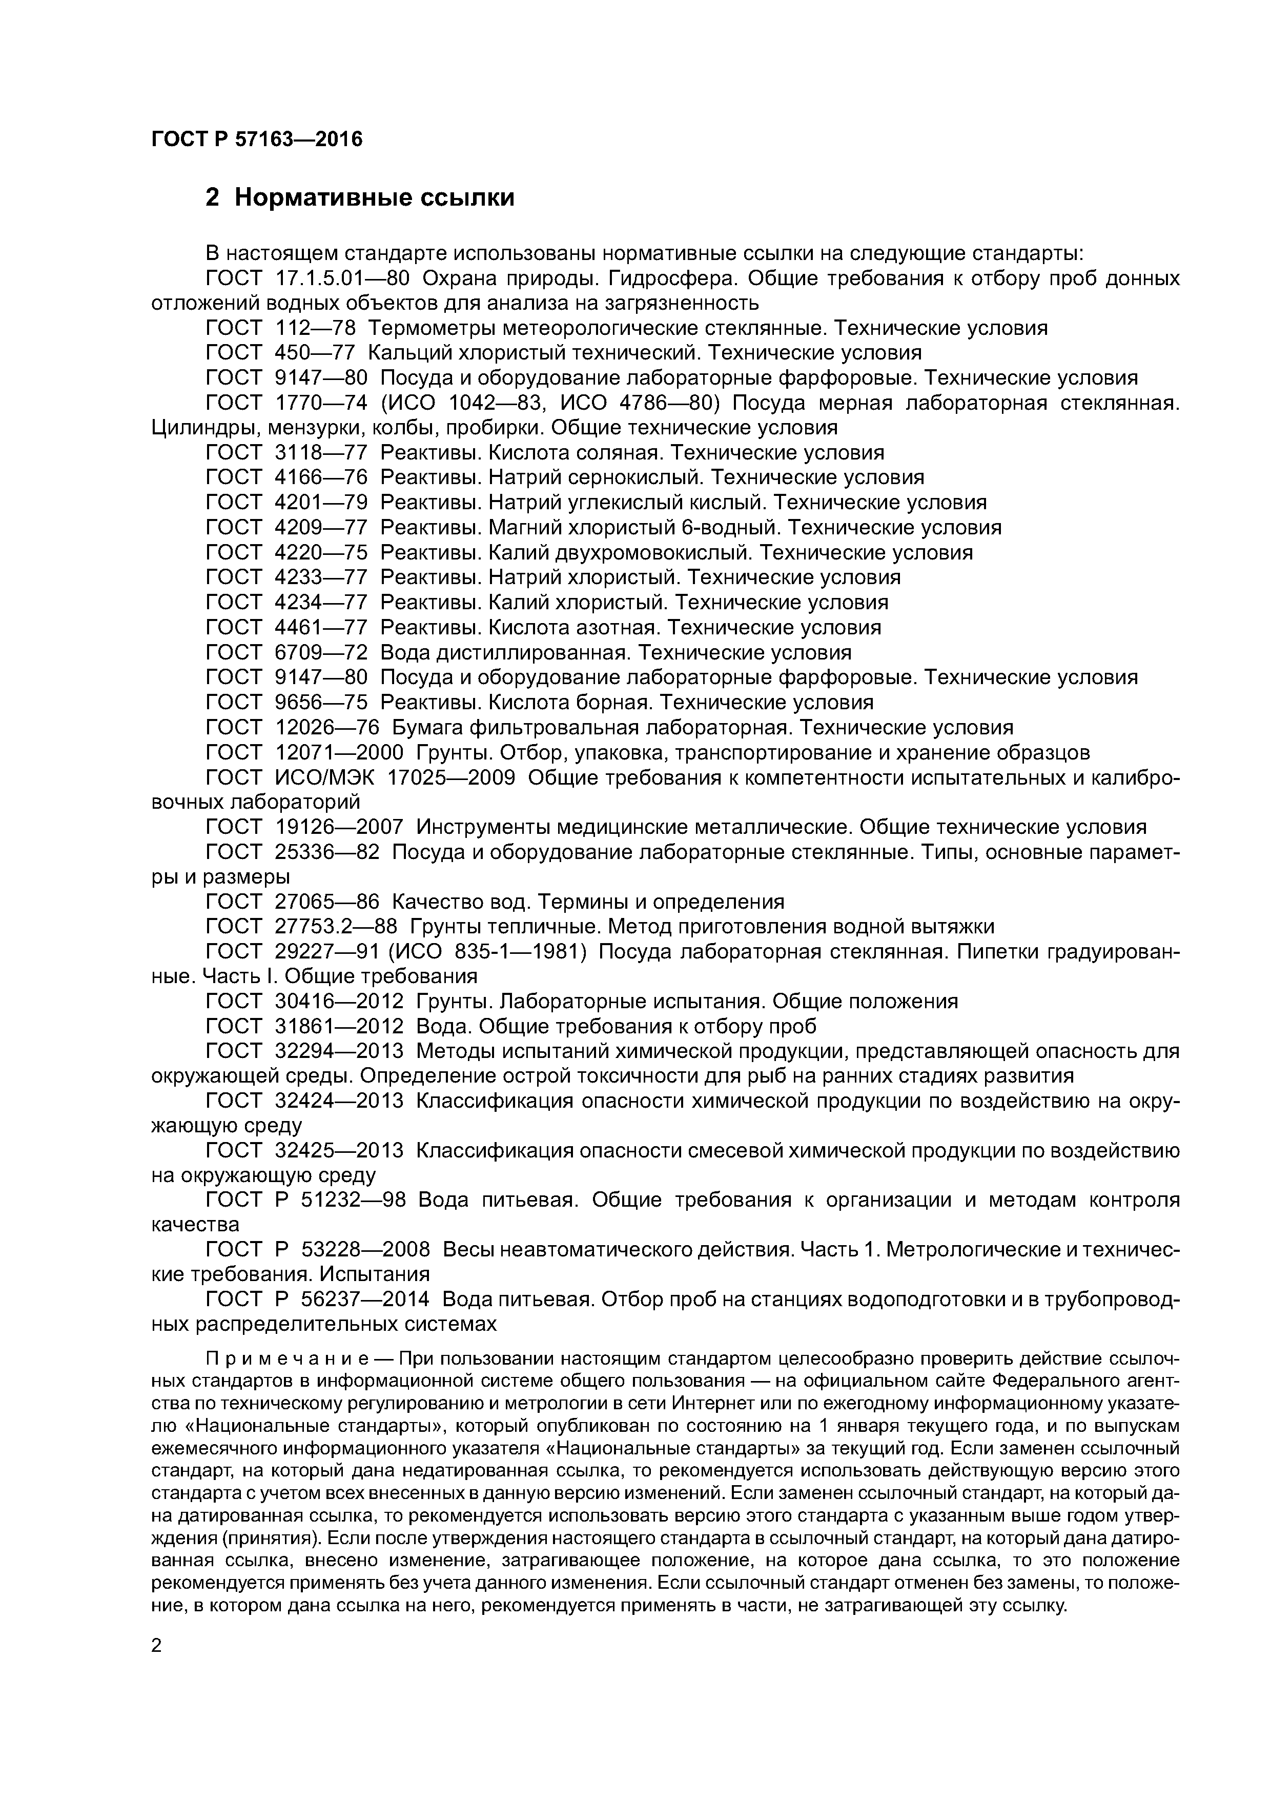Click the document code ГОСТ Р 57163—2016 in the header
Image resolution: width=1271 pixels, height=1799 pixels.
click(257, 139)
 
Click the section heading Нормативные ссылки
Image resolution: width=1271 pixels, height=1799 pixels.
click(374, 197)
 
